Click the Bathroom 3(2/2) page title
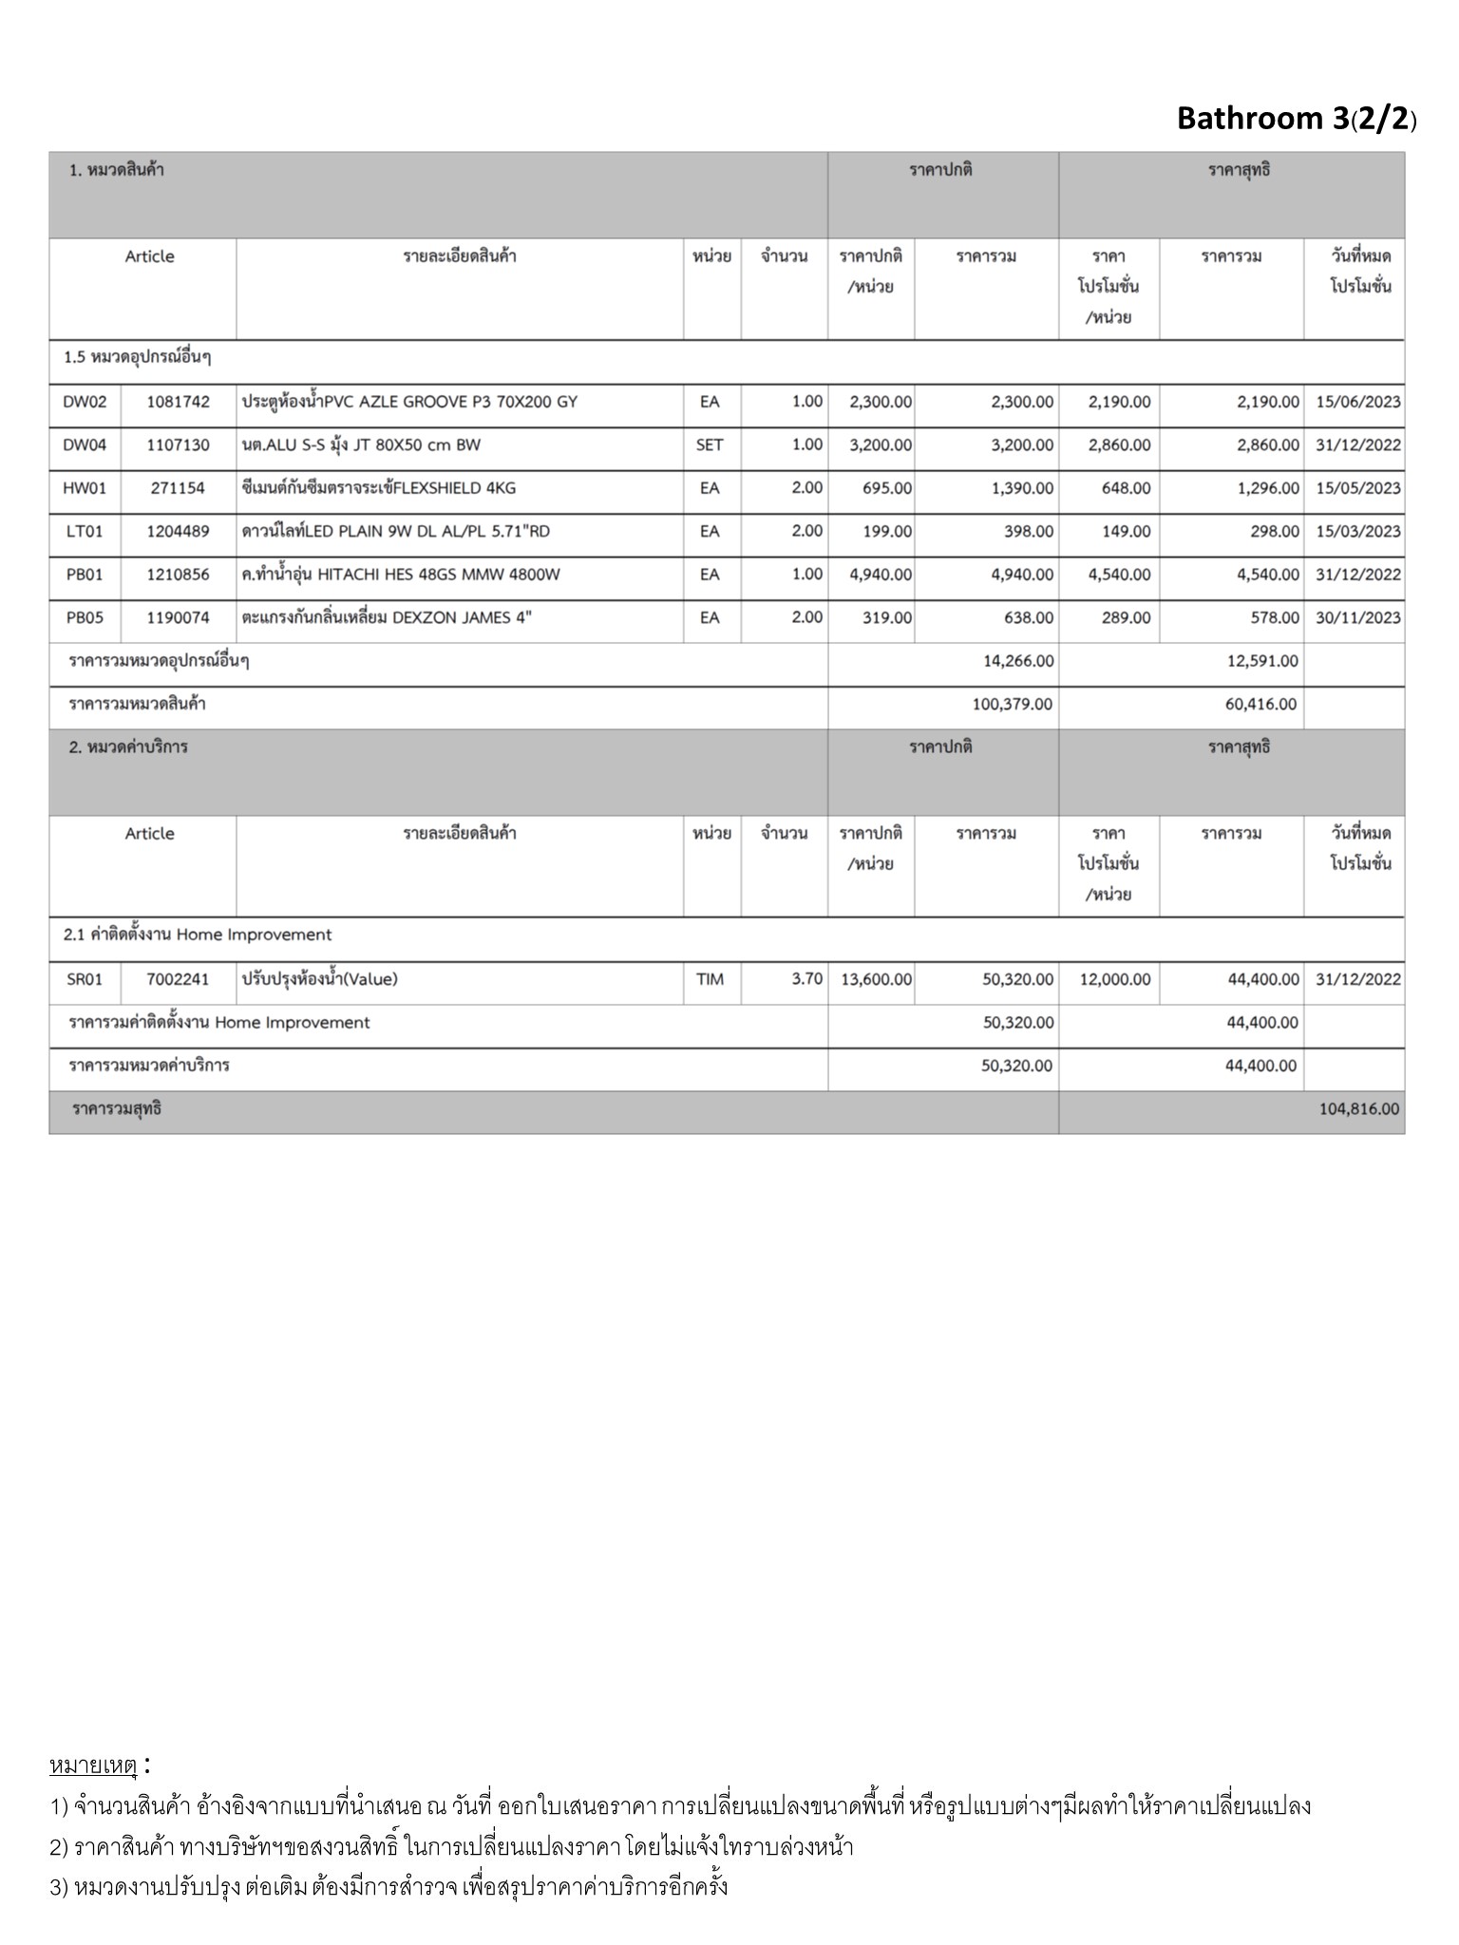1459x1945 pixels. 1296,119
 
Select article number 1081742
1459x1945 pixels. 178,402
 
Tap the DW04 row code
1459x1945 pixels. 85,445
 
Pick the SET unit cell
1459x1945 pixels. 710,445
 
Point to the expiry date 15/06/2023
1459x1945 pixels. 1357,402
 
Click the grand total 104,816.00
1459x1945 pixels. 1358,1108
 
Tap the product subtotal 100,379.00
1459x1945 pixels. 1012,705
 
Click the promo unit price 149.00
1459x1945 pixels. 1126,532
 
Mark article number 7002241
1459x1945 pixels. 178,979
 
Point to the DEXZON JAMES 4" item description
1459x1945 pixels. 387,618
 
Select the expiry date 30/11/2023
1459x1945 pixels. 1357,618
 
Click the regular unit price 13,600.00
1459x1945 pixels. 876,979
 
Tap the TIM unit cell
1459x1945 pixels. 710,979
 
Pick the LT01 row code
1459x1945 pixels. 85,532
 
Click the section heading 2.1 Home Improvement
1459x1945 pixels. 198,935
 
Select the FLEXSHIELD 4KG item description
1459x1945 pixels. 379,488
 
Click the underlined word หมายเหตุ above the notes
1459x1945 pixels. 93,1766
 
